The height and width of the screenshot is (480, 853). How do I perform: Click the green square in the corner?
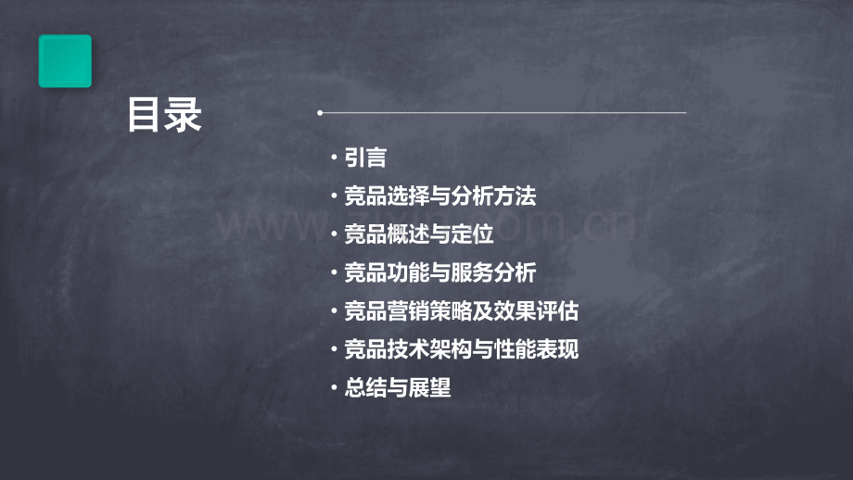tap(65, 61)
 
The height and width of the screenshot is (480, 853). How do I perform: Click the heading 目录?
tap(165, 115)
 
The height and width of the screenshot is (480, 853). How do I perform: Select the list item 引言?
tap(364, 158)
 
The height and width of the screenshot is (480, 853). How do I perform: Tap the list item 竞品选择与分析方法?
tap(439, 196)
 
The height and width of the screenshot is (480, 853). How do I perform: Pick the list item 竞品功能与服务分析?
tap(439, 273)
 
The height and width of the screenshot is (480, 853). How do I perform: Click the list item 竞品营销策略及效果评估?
tap(461, 311)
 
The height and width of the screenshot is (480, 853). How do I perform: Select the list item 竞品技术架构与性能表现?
tap(461, 350)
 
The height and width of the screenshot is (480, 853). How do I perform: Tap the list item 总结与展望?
tap(397, 388)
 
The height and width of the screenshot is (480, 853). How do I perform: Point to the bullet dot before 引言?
tap(335, 159)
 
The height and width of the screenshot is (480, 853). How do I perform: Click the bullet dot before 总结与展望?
tap(335, 389)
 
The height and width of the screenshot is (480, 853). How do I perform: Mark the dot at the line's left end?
tap(320, 113)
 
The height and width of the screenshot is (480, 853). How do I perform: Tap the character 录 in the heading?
tap(184, 115)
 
